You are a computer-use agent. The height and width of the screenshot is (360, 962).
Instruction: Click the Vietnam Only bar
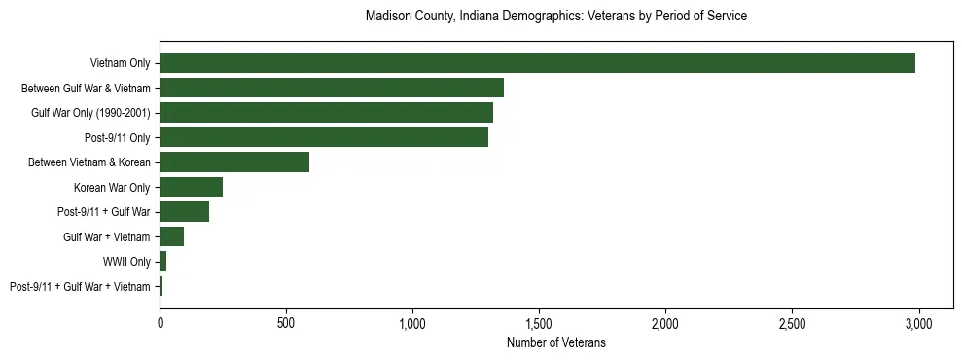(537, 62)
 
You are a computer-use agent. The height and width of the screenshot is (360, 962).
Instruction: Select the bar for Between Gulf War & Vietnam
(332, 88)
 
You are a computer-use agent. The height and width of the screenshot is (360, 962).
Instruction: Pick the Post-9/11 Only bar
(324, 137)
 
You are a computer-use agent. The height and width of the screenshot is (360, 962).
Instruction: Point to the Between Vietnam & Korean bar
(234, 162)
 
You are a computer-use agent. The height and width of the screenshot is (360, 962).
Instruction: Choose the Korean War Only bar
(192, 187)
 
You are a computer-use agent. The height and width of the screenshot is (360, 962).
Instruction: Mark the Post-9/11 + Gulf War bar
(185, 211)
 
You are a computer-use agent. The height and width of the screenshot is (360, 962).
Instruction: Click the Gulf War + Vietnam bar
(172, 236)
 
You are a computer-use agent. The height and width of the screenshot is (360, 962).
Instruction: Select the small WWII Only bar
(163, 261)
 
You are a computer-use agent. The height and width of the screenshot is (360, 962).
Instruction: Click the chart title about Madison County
(555, 17)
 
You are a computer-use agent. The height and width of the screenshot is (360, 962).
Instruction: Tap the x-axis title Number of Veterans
(555, 342)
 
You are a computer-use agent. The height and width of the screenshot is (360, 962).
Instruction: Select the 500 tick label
(286, 322)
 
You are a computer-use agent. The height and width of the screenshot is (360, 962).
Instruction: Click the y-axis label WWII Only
(126, 262)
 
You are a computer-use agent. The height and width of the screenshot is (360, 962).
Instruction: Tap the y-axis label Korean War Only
(112, 187)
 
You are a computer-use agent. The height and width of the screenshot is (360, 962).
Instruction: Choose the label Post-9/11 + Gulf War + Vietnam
(80, 286)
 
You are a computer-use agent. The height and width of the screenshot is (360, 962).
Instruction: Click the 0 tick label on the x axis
(160, 322)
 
